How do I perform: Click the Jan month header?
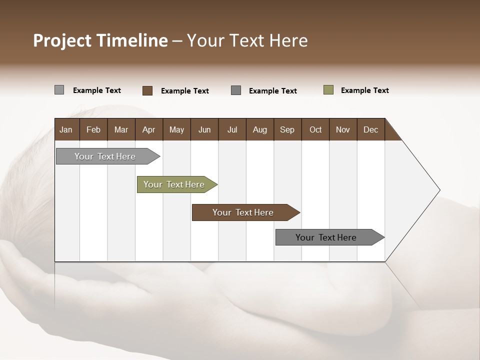pyautogui.click(x=66, y=129)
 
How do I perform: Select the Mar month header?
pyautogui.click(x=121, y=129)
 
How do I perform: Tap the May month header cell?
pyautogui.click(x=176, y=129)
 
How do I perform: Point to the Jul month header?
pyautogui.click(x=232, y=129)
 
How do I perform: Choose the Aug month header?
pyautogui.click(x=260, y=129)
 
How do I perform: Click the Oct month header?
pyautogui.click(x=315, y=129)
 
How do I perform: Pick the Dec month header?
pyautogui.click(x=370, y=129)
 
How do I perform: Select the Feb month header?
pyautogui.click(x=93, y=129)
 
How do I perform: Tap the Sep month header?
pyautogui.click(x=287, y=129)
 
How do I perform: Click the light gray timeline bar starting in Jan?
pyautogui.click(x=105, y=156)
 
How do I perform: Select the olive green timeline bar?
pyautogui.click(x=174, y=184)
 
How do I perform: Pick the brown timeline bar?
pyautogui.click(x=243, y=212)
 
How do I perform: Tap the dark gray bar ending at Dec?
pyautogui.click(x=326, y=237)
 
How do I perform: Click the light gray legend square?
pyautogui.click(x=59, y=90)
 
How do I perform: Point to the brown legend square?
pyautogui.click(x=147, y=90)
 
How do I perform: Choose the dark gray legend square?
pyautogui.click(x=236, y=90)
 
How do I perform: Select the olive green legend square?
pyautogui.click(x=328, y=90)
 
